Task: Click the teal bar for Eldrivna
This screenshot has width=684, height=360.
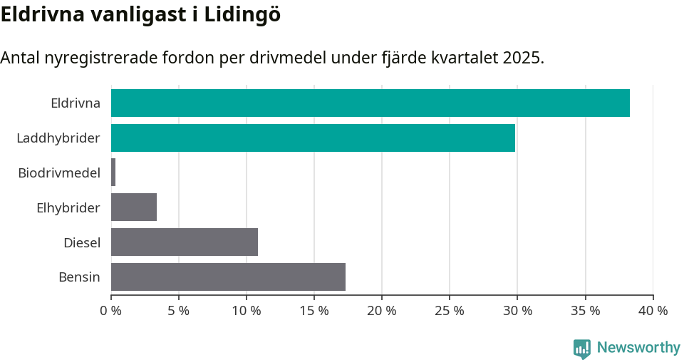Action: pyautogui.click(x=370, y=103)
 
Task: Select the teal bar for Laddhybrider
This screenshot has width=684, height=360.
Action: pyautogui.click(x=313, y=138)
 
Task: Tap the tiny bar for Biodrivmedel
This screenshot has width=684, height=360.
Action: pyautogui.click(x=113, y=173)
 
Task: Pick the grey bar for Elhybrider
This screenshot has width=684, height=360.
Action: pyautogui.click(x=134, y=207)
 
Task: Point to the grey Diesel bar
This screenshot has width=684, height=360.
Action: pyautogui.click(x=185, y=242)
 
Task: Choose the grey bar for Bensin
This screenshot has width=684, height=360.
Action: pyautogui.click(x=228, y=277)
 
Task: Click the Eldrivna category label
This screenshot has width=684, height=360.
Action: pyautogui.click(x=76, y=103)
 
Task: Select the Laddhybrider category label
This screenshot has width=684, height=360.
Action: pyautogui.click(x=58, y=138)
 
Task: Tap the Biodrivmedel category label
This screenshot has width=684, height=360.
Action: pyautogui.click(x=59, y=173)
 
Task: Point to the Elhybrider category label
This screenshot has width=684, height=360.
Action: pyautogui.click(x=68, y=207)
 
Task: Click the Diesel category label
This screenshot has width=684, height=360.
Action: pyautogui.click(x=82, y=242)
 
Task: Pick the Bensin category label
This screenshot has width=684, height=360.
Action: pyautogui.click(x=79, y=277)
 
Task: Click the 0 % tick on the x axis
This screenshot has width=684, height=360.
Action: pyautogui.click(x=111, y=311)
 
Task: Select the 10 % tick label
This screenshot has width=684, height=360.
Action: pyautogui.click(x=247, y=311)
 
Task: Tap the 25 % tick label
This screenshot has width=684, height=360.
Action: pyautogui.click(x=450, y=311)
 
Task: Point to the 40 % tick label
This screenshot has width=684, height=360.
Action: pyautogui.click(x=653, y=311)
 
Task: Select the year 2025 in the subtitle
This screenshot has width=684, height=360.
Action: pyautogui.click(x=522, y=58)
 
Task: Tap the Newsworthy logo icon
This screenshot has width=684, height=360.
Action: pyautogui.click(x=582, y=349)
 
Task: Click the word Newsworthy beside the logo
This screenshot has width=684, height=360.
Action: pyautogui.click(x=638, y=348)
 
